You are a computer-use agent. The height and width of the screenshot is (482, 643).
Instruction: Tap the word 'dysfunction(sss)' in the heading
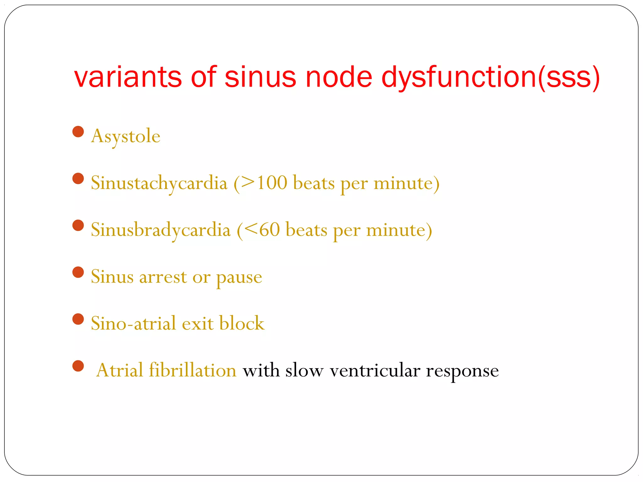click(490, 78)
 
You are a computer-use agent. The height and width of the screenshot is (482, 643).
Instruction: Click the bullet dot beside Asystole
click(78, 132)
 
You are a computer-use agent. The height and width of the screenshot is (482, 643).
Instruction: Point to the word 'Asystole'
click(126, 136)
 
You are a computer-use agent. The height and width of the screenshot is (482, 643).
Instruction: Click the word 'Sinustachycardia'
click(159, 183)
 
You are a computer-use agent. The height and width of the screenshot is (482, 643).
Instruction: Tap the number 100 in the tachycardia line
click(272, 183)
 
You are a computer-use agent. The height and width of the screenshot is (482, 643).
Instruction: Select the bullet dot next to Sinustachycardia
click(78, 179)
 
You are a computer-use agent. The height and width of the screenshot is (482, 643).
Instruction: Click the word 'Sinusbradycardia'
click(161, 230)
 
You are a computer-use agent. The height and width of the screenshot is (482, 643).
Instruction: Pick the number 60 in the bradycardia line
click(269, 229)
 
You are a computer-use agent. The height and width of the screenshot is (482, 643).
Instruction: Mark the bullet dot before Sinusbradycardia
click(78, 225)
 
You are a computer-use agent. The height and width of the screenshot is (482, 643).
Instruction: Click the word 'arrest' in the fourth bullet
click(163, 277)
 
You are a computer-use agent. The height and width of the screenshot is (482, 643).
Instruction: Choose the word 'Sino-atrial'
click(134, 323)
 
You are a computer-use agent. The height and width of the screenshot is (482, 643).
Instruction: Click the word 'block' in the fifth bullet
click(242, 323)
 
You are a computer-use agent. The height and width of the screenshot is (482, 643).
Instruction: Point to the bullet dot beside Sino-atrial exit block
click(78, 319)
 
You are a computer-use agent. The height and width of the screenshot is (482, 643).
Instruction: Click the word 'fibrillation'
click(192, 370)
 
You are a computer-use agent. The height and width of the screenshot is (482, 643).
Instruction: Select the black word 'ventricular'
click(375, 370)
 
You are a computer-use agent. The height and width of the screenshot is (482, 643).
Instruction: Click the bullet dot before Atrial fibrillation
click(78, 366)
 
